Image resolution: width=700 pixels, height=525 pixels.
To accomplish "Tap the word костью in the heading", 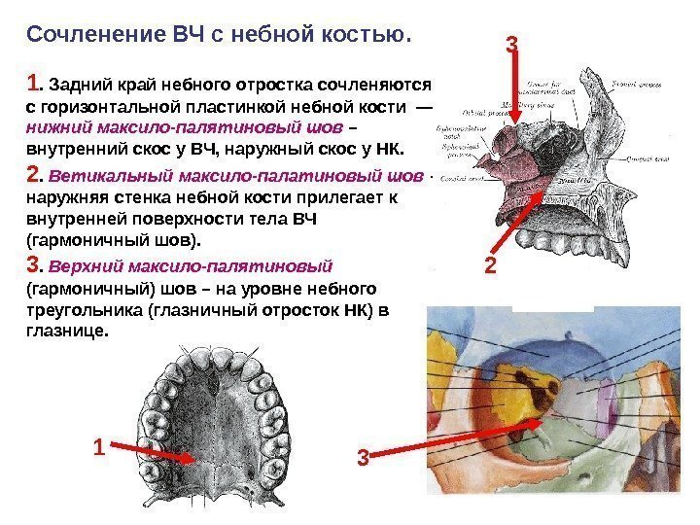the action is pyautogui.click(x=373, y=36).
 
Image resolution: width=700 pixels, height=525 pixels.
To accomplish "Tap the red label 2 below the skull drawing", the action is pyautogui.click(x=489, y=264).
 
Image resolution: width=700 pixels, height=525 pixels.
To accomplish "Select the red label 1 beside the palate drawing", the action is pyautogui.click(x=97, y=448).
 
